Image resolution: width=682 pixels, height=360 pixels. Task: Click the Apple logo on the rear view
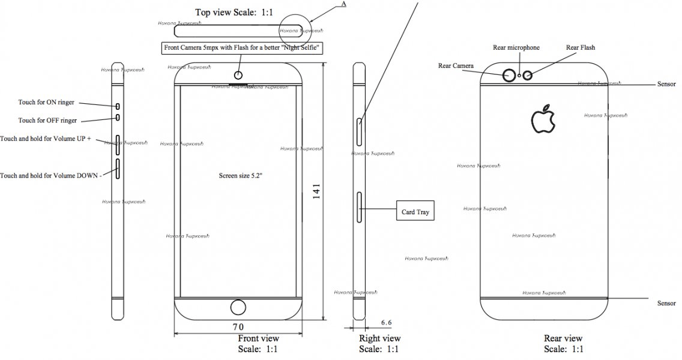point(543,119)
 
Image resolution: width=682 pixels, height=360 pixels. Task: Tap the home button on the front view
point(238,308)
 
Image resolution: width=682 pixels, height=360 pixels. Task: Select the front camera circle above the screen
point(238,76)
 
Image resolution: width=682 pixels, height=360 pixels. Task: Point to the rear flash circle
point(529,76)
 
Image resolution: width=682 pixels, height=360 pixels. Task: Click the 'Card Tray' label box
point(415,212)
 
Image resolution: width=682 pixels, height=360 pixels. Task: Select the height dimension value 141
point(316,191)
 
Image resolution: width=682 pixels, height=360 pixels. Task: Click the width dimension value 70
point(238,327)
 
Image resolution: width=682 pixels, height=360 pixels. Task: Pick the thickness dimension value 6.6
point(386,323)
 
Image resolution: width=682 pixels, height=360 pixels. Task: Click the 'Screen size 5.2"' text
point(240,176)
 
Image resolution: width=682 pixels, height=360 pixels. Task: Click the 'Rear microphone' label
point(516,48)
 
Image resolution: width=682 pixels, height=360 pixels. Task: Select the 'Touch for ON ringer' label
point(47,103)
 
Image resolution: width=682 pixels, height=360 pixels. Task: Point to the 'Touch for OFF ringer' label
point(47,121)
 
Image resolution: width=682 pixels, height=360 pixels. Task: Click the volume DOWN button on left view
point(118,169)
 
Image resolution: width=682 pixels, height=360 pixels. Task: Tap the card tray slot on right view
point(360,208)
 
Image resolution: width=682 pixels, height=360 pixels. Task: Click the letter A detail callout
point(343,4)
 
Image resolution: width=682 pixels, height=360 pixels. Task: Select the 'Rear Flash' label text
point(581,48)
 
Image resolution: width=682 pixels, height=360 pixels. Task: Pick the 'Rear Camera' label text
point(456,66)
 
